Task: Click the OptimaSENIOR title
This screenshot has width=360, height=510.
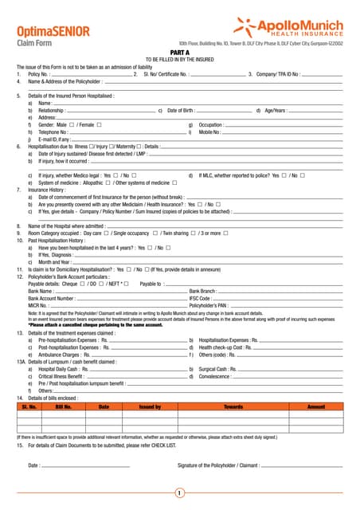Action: click(x=52, y=31)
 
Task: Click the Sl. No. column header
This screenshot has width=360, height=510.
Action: click(x=29, y=406)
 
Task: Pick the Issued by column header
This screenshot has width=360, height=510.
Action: click(x=151, y=406)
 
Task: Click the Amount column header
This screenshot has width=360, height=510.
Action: click(x=317, y=406)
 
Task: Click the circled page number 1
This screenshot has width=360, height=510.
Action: click(x=180, y=493)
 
